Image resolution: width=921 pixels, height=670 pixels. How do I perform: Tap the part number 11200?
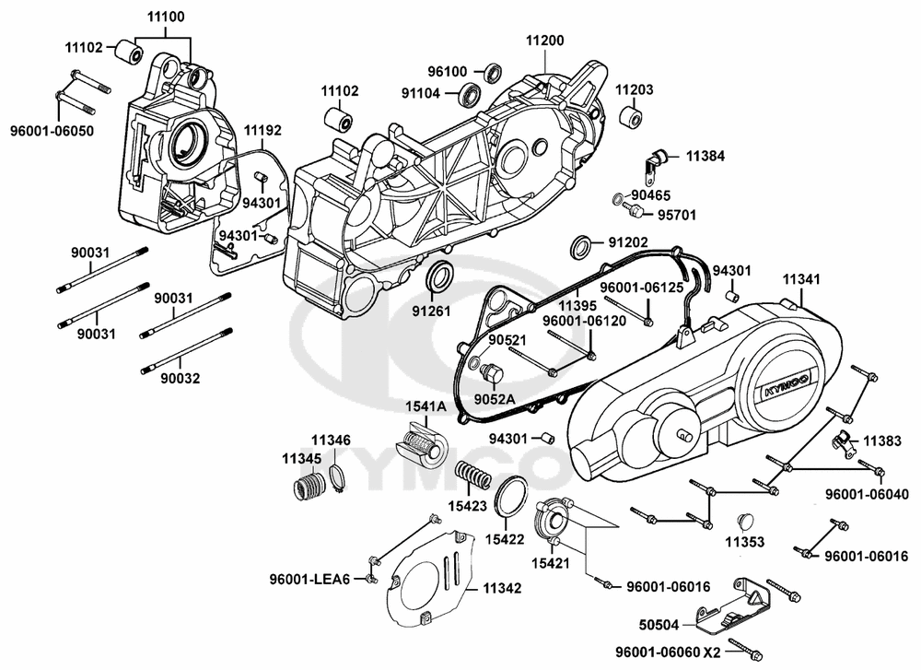coord(545,41)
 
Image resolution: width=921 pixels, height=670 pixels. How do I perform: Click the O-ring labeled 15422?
coord(511,497)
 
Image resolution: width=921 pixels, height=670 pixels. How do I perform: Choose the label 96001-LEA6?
coord(309,579)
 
